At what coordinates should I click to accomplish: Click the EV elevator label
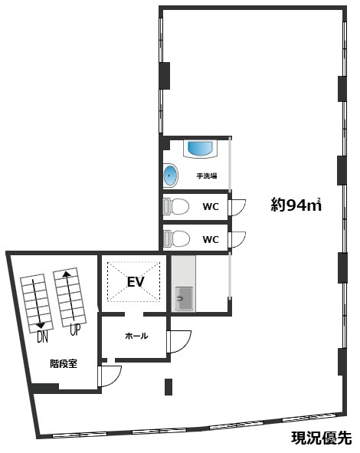pyautogui.click(x=136, y=282)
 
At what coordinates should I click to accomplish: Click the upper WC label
pyautogui.click(x=211, y=206)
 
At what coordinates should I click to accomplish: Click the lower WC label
pyautogui.click(x=211, y=238)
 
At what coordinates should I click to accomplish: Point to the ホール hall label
pyautogui.click(x=136, y=336)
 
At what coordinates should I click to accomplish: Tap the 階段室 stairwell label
pyautogui.click(x=61, y=364)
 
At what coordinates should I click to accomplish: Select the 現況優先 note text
pyautogui.click(x=321, y=438)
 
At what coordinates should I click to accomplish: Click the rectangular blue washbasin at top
pyautogui.click(x=201, y=149)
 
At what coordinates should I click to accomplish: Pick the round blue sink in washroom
pyautogui.click(x=171, y=176)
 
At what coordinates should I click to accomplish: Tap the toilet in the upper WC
pyautogui.click(x=177, y=206)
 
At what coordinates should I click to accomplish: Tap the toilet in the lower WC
pyautogui.click(x=177, y=238)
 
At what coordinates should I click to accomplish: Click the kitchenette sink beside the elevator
pyautogui.click(x=184, y=297)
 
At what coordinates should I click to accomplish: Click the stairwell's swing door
pyautogui.click(x=110, y=376)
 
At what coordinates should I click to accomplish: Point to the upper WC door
pyautogui.click(x=237, y=207)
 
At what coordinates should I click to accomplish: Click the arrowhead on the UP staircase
pyautogui.click(x=66, y=272)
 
